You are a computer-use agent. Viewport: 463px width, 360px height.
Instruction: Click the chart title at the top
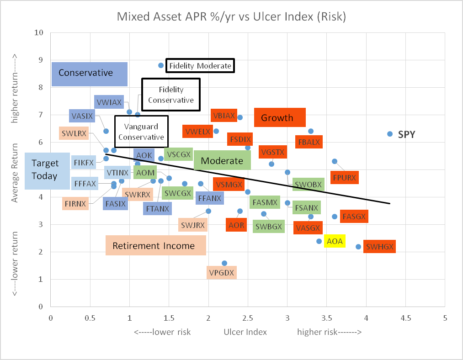pos(231,17)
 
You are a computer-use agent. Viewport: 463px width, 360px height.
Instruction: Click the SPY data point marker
pos(390,134)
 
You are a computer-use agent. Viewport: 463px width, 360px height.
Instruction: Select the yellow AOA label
pos(335,240)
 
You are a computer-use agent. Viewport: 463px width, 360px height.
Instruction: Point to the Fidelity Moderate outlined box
pos(200,66)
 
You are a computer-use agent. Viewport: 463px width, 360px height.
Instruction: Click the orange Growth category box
pos(279,118)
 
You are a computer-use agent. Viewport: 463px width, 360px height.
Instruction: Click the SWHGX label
pos(379,247)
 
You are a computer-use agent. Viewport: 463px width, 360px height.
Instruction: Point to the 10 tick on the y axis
pos(40,33)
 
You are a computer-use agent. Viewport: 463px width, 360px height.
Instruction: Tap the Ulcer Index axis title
pos(245,332)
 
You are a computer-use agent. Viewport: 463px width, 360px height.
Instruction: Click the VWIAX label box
pos(108,101)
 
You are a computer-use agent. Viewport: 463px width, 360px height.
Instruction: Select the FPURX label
pos(344,177)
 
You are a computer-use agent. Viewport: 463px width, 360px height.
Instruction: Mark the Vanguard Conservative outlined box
pos(140,132)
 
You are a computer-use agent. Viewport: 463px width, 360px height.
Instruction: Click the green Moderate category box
pos(222,160)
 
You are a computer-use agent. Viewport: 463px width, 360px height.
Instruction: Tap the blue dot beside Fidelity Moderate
pos(161,65)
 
